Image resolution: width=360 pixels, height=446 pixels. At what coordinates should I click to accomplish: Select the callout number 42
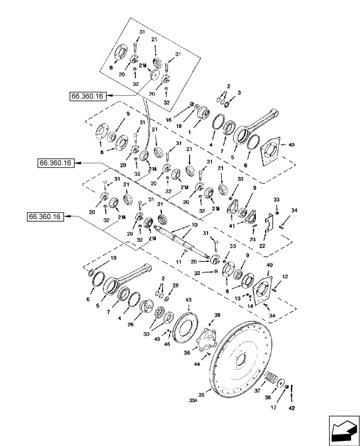[x=292, y=407]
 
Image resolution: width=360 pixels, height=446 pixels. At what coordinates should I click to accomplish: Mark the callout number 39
[x=217, y=315]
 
